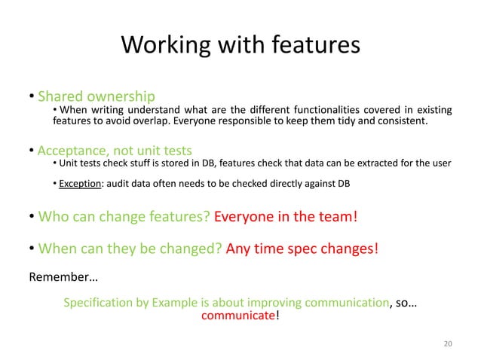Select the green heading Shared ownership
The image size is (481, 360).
point(97,96)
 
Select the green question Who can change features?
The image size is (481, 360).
point(124,217)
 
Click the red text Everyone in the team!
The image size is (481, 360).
point(286,217)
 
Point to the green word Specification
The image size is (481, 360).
point(97,303)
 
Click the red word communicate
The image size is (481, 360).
point(237,316)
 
